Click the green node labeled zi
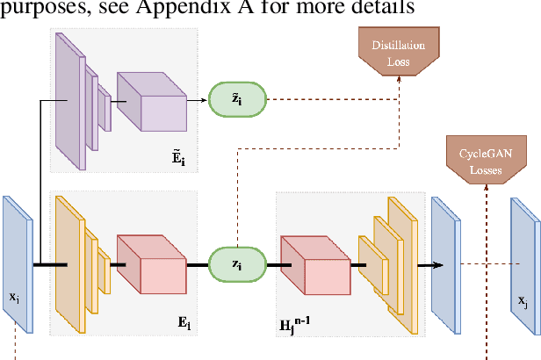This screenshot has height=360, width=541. click(x=235, y=263)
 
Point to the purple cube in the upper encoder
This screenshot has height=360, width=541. click(x=151, y=102)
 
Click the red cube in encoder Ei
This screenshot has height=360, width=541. click(x=151, y=264)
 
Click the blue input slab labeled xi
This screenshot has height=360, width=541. click(x=17, y=263)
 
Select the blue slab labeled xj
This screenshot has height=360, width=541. click(x=523, y=266)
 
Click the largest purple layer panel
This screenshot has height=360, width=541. click(x=69, y=98)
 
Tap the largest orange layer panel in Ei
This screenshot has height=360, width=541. click(x=69, y=263)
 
